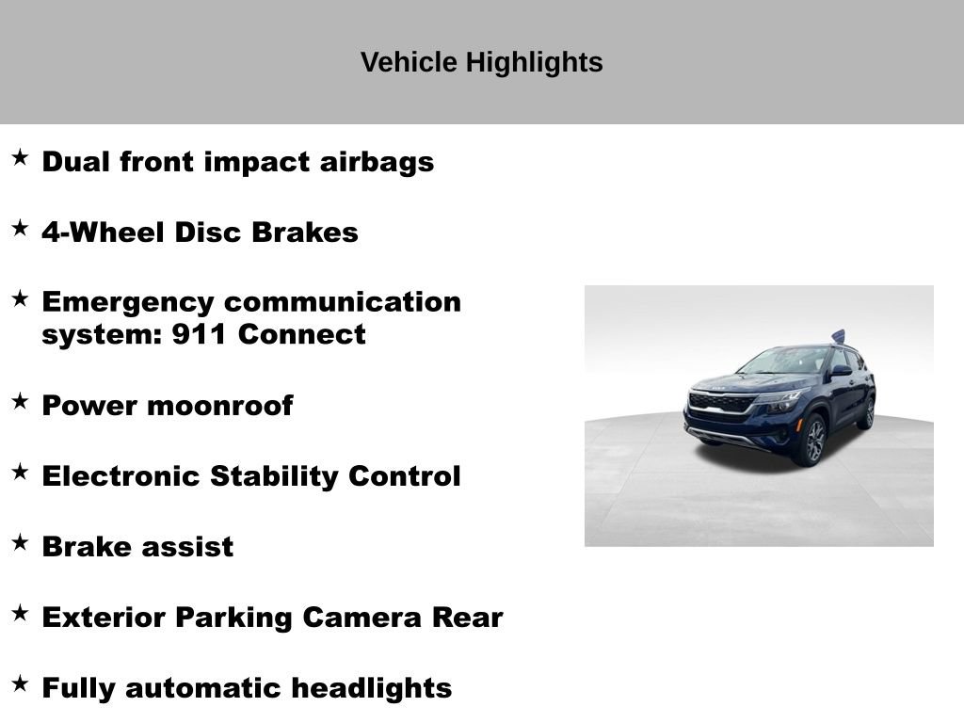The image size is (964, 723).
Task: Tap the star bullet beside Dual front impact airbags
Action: pos(20,157)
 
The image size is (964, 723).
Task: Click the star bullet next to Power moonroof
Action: pos(20,401)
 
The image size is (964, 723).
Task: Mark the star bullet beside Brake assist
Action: pos(20,542)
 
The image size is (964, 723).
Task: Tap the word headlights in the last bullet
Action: pos(372,688)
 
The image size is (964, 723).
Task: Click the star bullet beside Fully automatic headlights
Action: pos(20,683)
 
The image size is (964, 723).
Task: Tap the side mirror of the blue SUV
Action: pos(840,371)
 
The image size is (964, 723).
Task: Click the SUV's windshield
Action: pos(784,361)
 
